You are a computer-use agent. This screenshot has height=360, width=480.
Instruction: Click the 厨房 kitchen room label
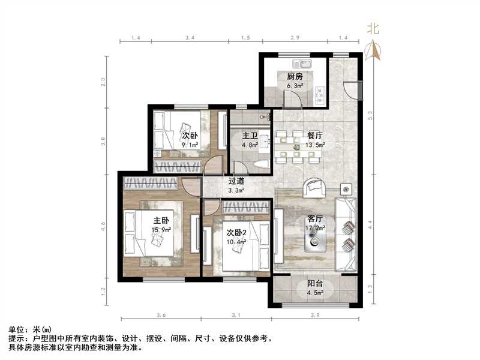(294, 76)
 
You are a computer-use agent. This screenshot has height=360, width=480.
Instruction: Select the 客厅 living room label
(316, 219)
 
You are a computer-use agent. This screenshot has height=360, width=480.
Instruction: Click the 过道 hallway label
(235, 181)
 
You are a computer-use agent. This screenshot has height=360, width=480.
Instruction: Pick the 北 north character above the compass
(373, 28)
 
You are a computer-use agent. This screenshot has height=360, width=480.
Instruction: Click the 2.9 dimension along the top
(295, 38)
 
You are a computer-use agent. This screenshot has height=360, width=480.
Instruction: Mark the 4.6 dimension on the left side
(103, 227)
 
